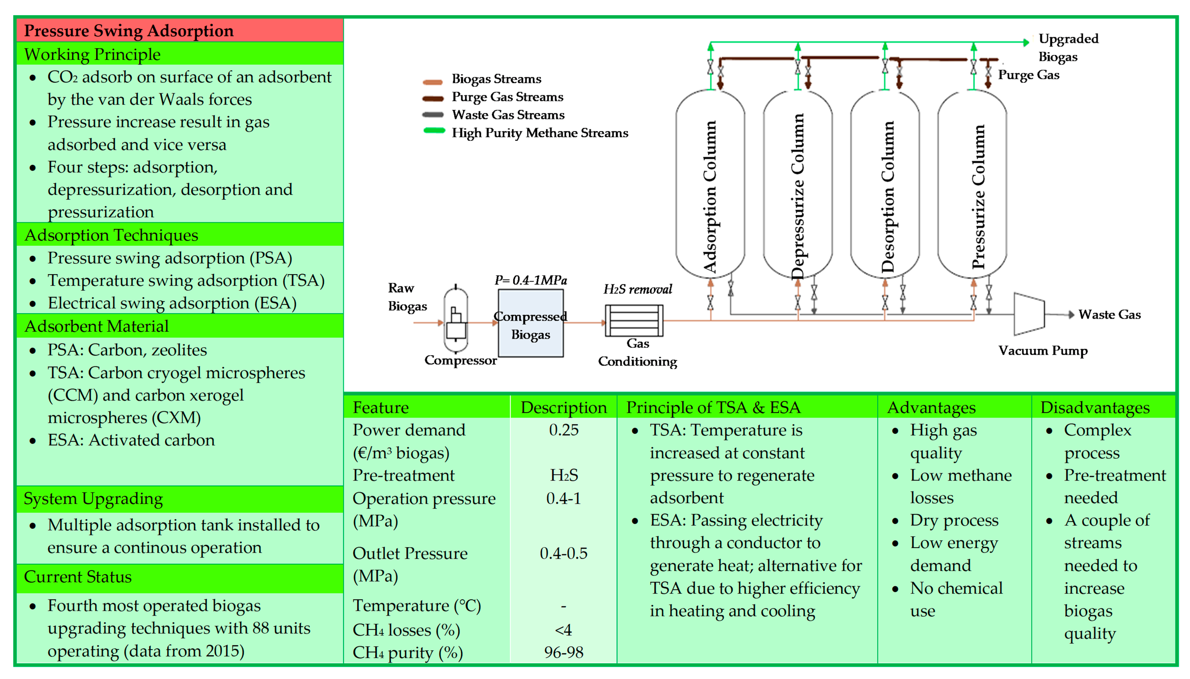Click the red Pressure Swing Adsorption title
129,31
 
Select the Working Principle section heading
92,55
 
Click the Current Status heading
78,577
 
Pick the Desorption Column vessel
885,184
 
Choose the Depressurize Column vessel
798,184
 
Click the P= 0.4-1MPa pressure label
530,280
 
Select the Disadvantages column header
1094,408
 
